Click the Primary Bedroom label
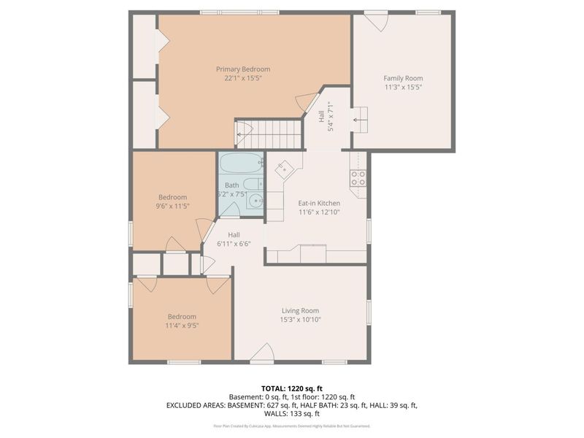(243, 69)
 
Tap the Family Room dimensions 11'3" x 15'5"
(403, 87)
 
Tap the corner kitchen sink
(284, 169)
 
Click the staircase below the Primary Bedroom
(268, 134)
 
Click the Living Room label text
(301, 310)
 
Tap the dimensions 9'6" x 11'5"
(173, 206)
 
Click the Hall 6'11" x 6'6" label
(234, 239)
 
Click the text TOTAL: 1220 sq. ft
(291, 388)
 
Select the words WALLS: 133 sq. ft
(291, 413)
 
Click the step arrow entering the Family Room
(359, 120)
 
